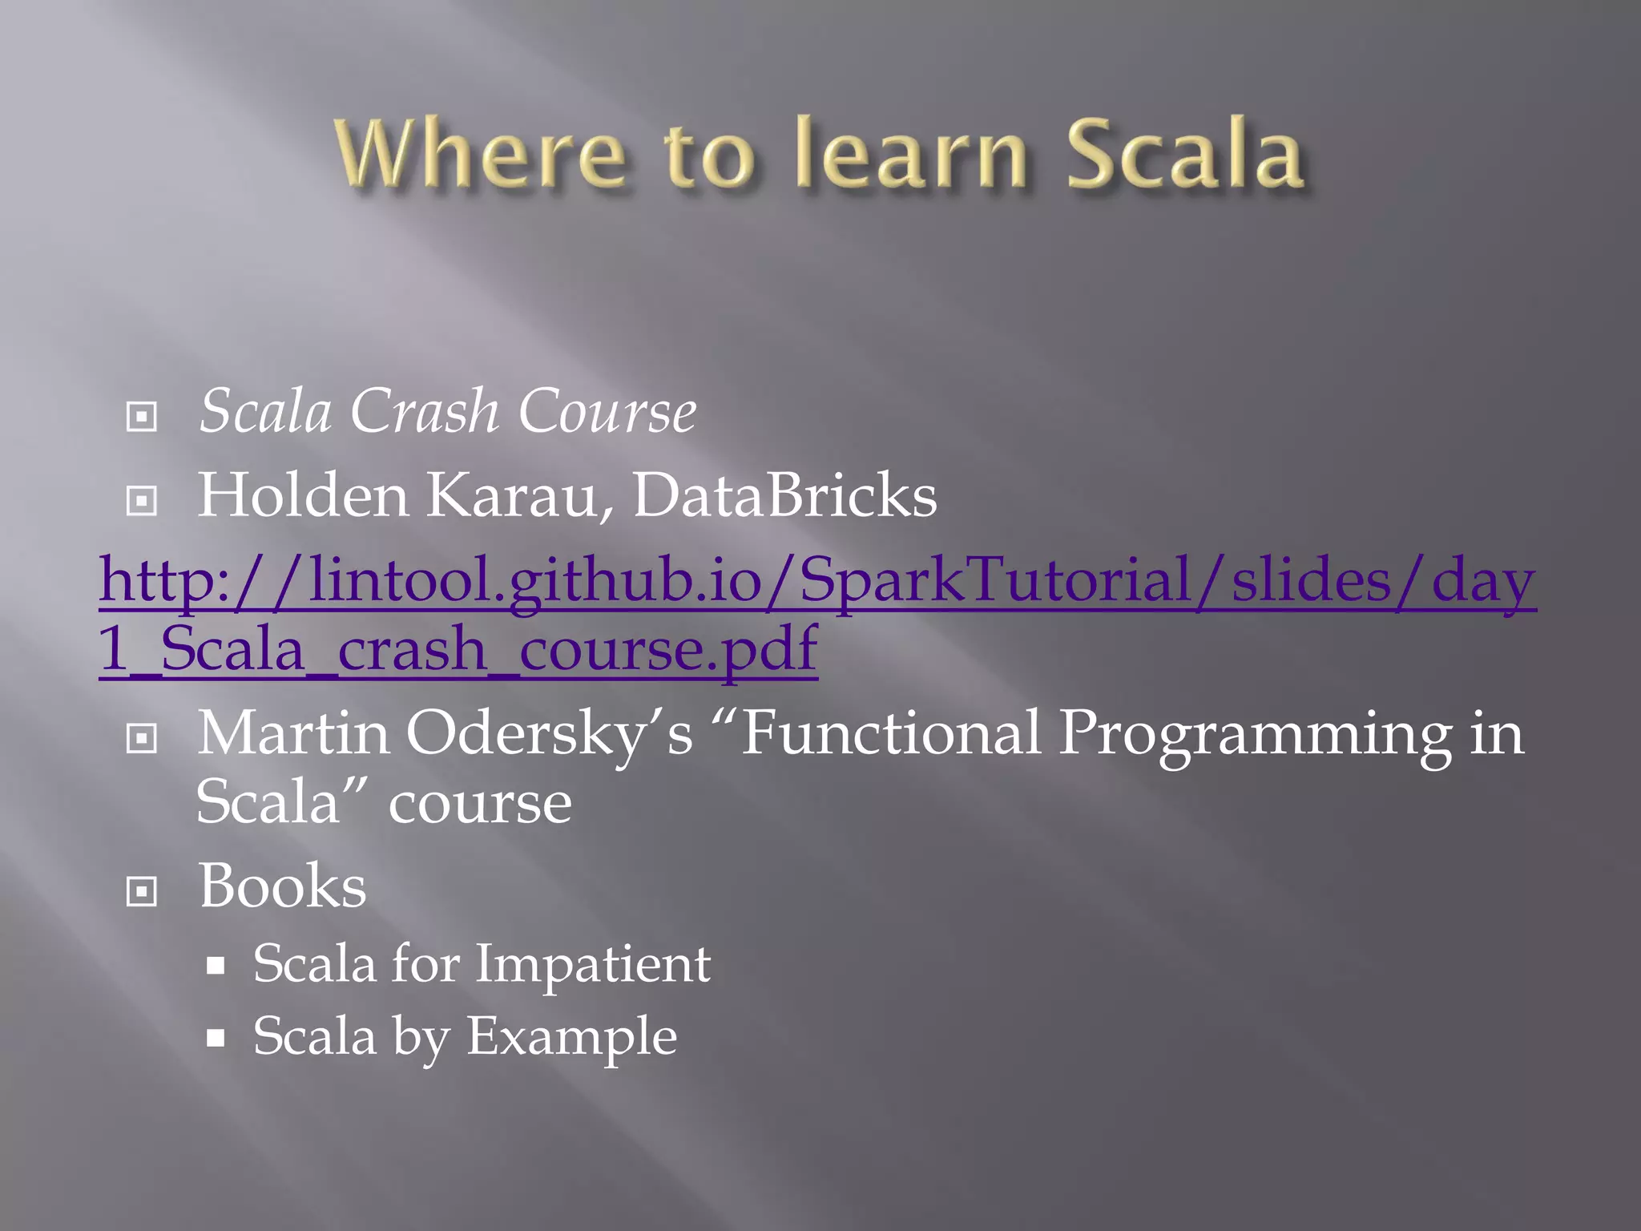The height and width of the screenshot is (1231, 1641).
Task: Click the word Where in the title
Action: [x=481, y=154]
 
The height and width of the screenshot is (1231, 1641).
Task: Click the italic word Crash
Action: [x=425, y=411]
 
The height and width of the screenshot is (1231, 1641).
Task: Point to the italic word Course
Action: [x=607, y=411]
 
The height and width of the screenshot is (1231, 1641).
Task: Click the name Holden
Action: [x=303, y=495]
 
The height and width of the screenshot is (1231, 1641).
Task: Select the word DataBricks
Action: [x=784, y=495]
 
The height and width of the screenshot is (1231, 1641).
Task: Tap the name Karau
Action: [x=513, y=495]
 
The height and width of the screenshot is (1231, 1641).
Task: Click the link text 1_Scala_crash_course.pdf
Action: [x=458, y=649]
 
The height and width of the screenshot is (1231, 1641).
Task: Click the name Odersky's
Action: [x=550, y=733]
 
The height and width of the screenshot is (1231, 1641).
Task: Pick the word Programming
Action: [x=1255, y=733]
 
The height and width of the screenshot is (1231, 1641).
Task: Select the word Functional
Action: [x=889, y=733]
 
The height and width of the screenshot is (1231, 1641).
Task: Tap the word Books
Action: [x=282, y=886]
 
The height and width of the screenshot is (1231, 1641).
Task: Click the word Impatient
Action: [x=593, y=963]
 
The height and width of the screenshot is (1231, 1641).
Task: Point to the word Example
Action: [x=571, y=1037]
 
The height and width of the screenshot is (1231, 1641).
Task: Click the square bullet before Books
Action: [x=142, y=891]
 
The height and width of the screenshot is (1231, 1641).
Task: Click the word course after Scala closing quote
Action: [x=480, y=803]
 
